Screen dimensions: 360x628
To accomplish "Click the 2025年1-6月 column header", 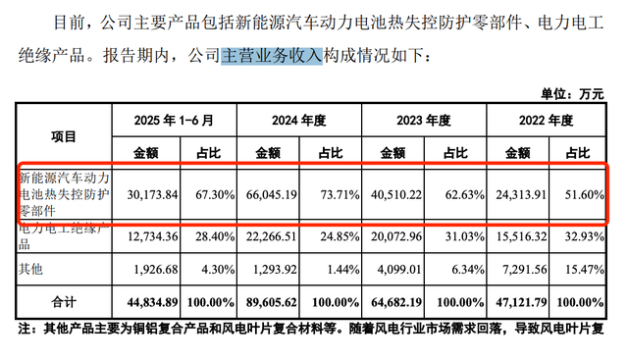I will coord(173,121).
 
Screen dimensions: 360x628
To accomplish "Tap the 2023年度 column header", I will coord(422,121).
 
